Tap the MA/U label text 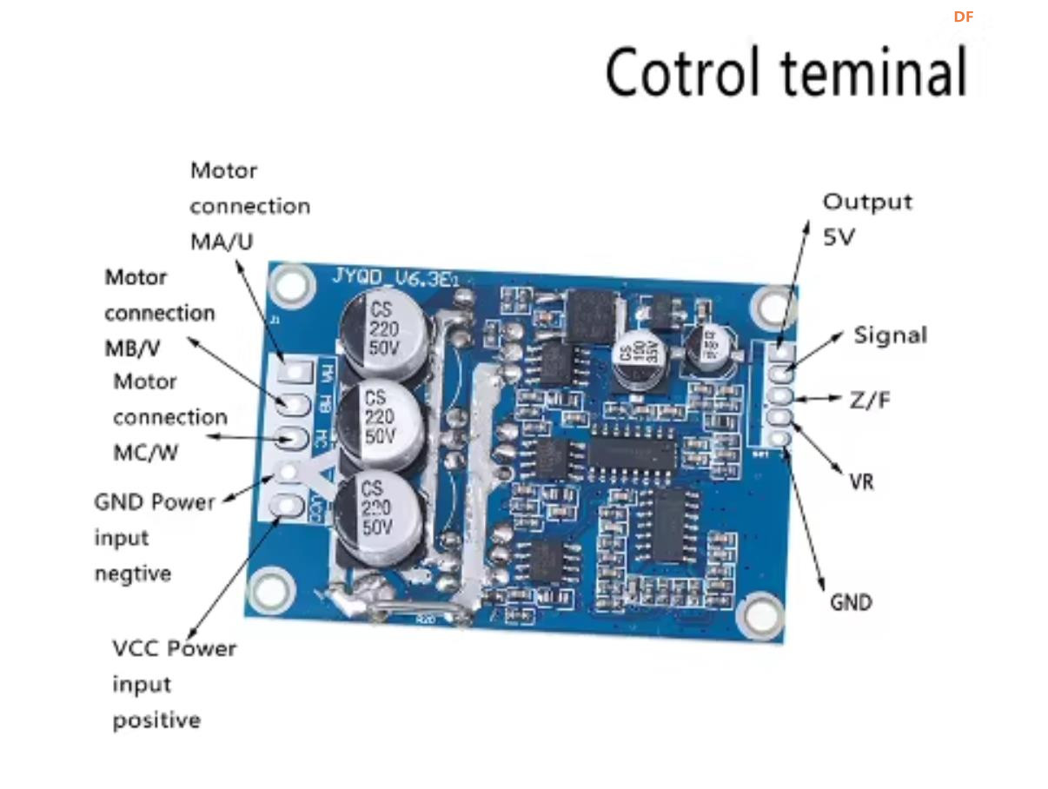point(222,242)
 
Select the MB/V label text point(132,348)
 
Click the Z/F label point(869,401)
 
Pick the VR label point(861,481)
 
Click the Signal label point(890,335)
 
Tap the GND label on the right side point(851,602)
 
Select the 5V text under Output point(839,236)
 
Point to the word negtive point(132,574)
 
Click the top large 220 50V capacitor point(384,332)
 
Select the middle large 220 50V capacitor point(380,420)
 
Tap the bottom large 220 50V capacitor point(379,508)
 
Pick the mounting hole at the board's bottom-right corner point(759,614)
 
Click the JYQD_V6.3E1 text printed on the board point(401,277)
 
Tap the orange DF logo point(963,17)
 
